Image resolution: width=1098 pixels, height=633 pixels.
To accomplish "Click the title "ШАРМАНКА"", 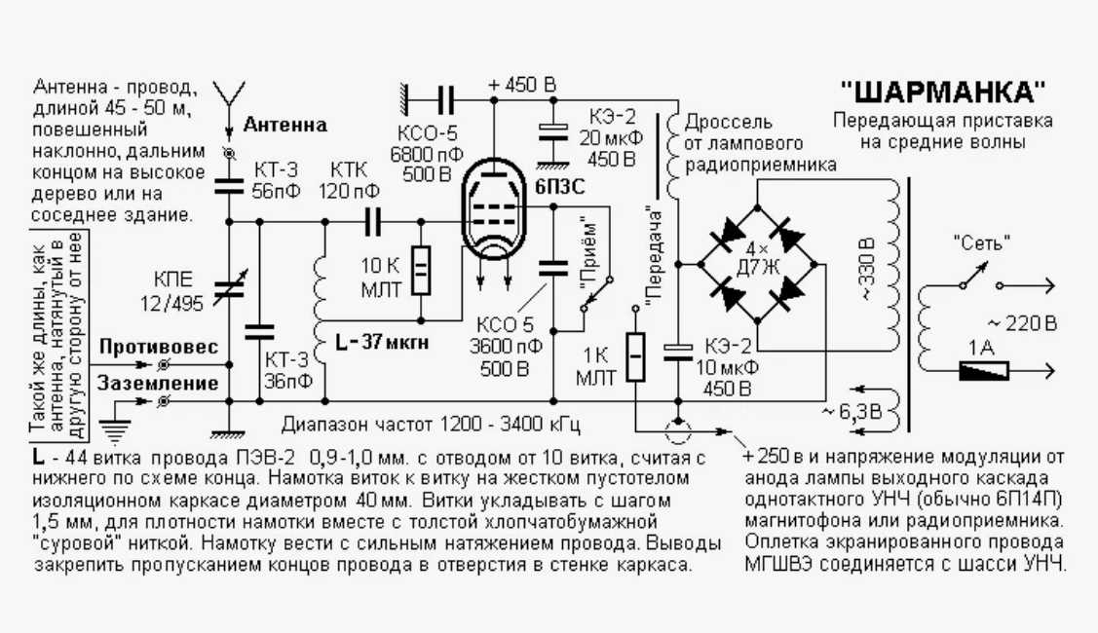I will click(x=943, y=93).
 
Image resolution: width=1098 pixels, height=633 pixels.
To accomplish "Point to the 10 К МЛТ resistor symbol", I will click(x=421, y=272).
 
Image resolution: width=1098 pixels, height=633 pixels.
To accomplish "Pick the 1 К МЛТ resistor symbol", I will click(x=635, y=357).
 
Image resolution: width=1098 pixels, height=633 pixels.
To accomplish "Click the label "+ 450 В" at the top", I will click(x=522, y=85).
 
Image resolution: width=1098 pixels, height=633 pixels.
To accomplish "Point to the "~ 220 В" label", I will click(x=1020, y=323).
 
